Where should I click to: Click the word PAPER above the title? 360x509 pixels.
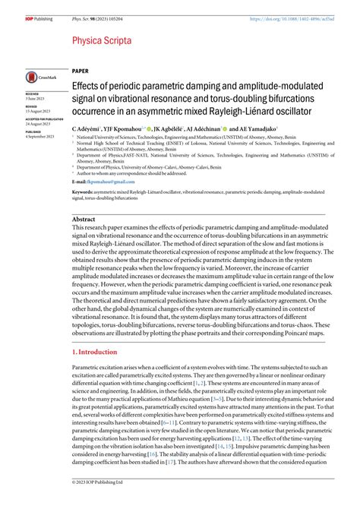point(81,68)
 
